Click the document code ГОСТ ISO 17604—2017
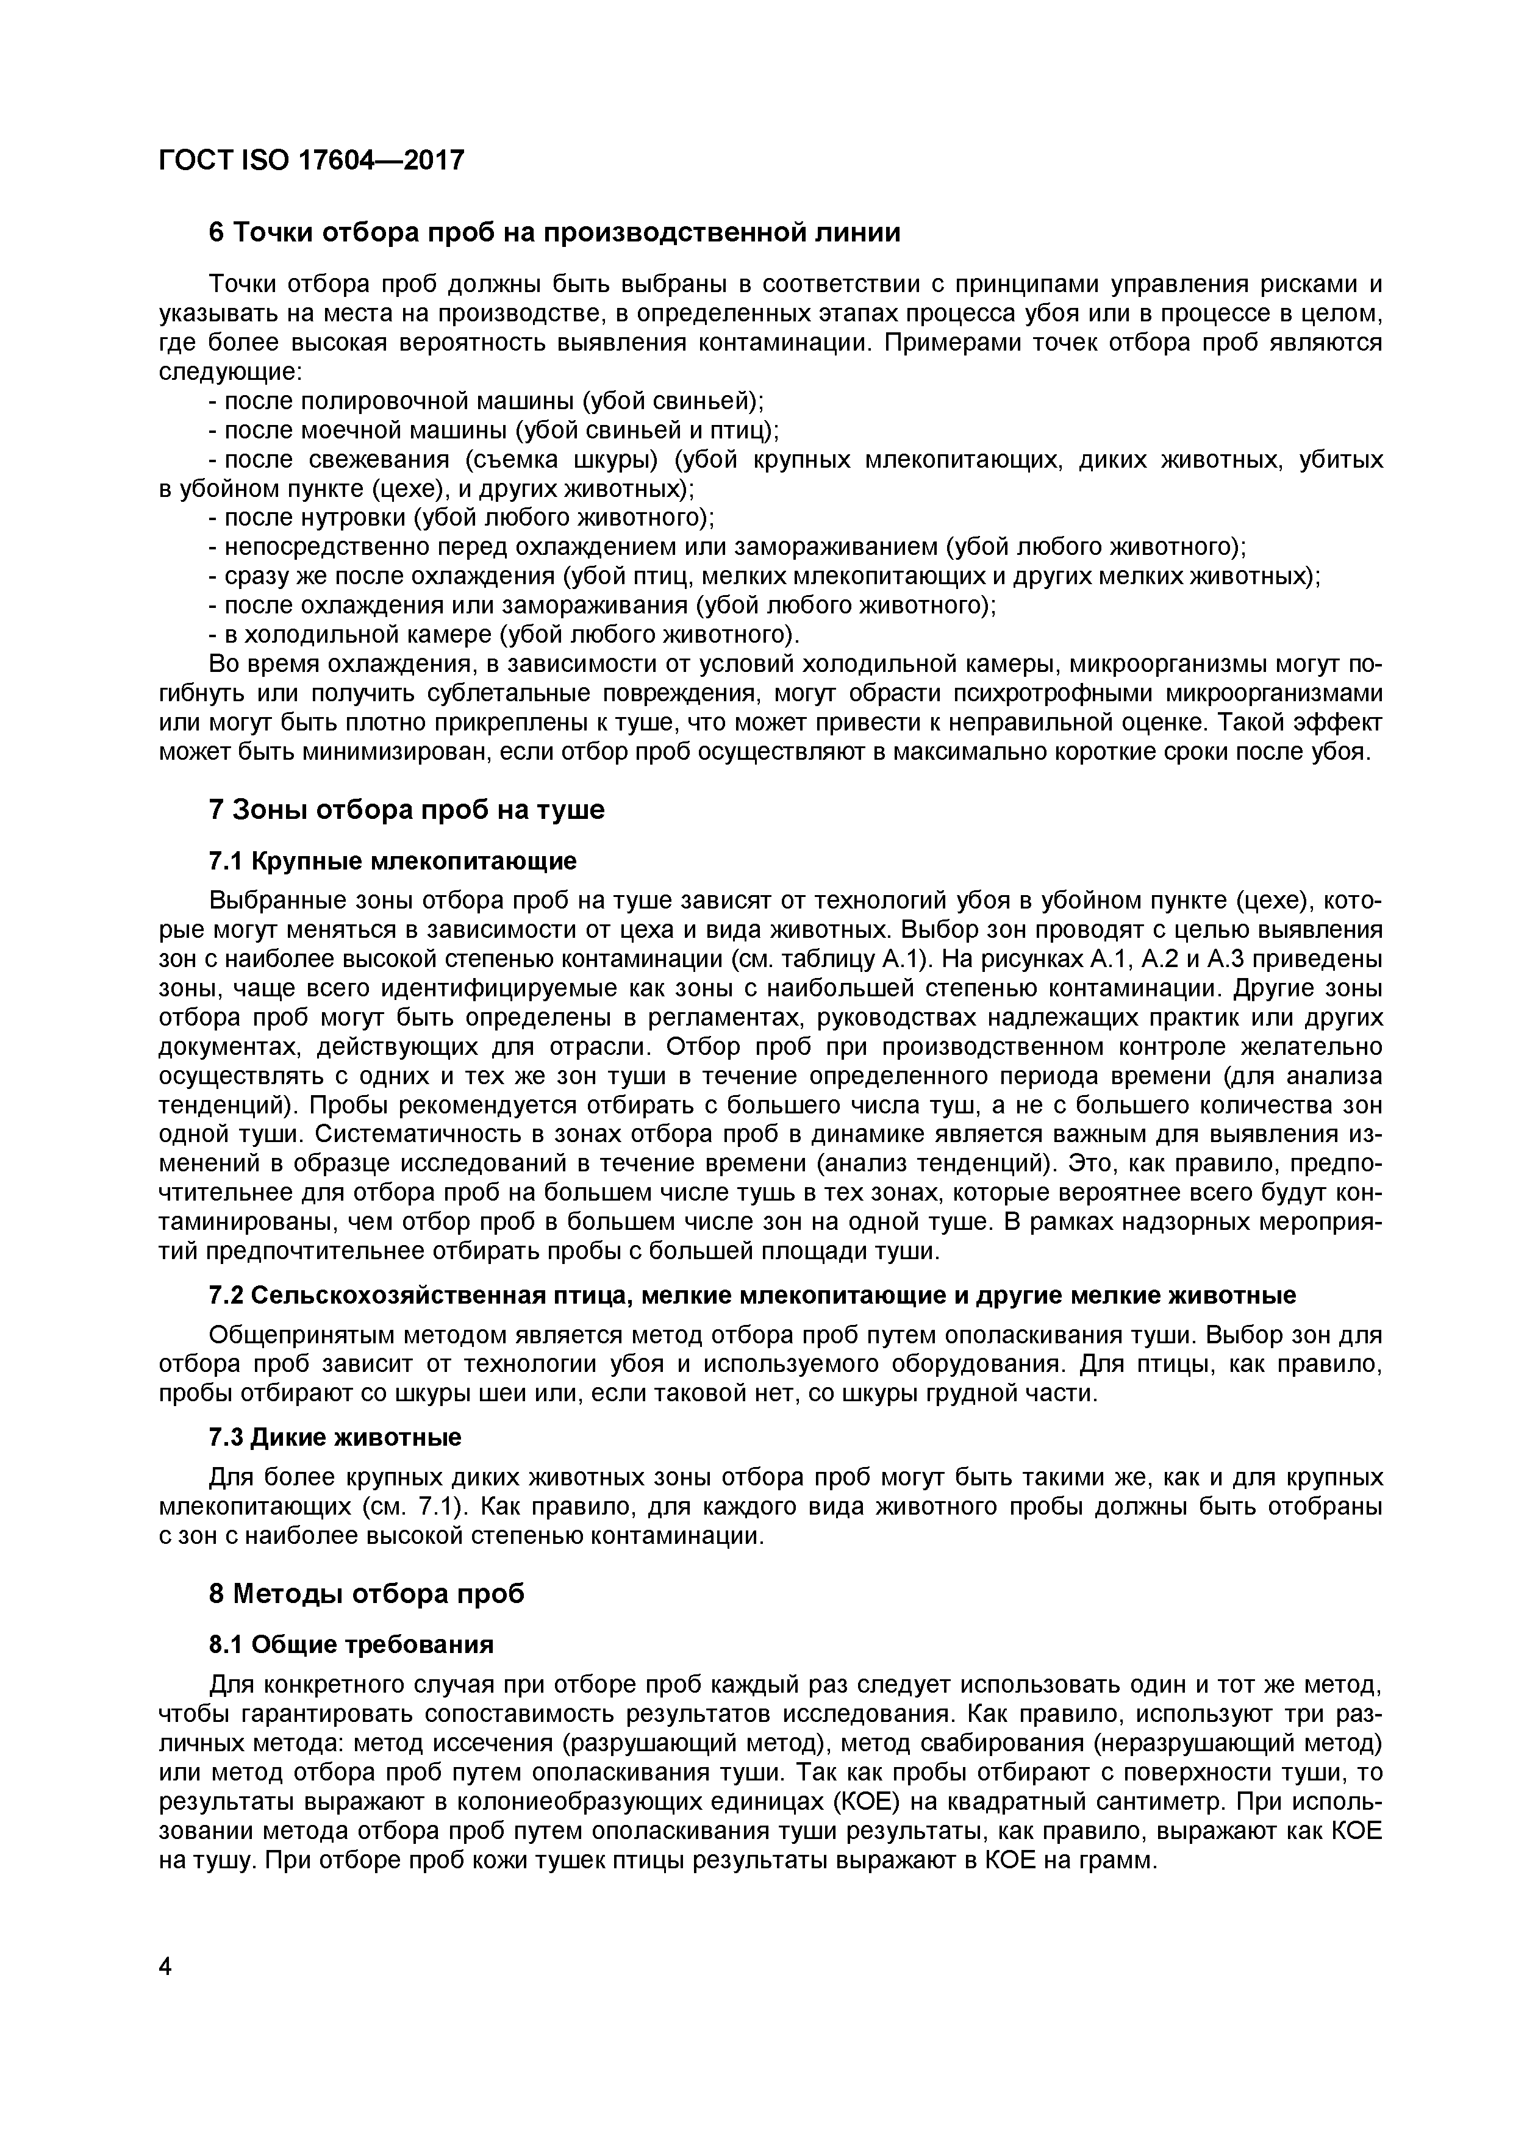311,161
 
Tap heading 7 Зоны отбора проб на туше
406,810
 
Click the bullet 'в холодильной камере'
503,635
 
